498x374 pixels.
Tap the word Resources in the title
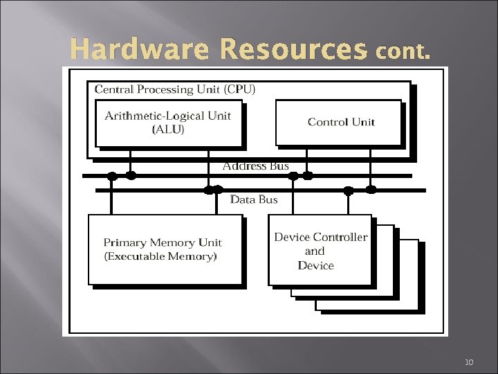pyautogui.click(x=294, y=50)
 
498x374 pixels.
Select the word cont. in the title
pyautogui.click(x=404, y=52)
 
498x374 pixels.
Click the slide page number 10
pyautogui.click(x=470, y=362)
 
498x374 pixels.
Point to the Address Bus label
pyautogui.click(x=255, y=166)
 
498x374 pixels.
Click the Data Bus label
pyautogui.click(x=254, y=199)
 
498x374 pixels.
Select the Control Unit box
pyautogui.click(x=339, y=123)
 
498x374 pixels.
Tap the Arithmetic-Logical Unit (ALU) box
pyautogui.click(x=168, y=123)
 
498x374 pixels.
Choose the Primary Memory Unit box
pyautogui.click(x=165, y=249)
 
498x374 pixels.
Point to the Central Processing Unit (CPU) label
pyautogui.click(x=175, y=89)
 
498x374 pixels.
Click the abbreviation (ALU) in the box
pyautogui.click(x=168, y=130)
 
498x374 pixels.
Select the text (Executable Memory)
pyautogui.click(x=160, y=256)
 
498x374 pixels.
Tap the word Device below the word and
pyautogui.click(x=315, y=265)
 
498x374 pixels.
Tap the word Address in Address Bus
pyautogui.click(x=243, y=166)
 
